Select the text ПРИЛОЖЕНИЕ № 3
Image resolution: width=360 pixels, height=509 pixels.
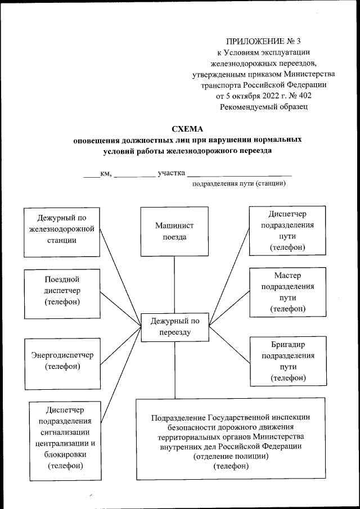point(263,42)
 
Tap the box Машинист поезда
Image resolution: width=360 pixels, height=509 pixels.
point(174,231)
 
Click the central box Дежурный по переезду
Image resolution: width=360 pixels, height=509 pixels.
point(174,327)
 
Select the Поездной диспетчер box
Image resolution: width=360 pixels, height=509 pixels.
point(62,290)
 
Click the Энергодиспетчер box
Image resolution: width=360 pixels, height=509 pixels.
point(62,361)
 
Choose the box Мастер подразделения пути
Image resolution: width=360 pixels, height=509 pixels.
point(287,292)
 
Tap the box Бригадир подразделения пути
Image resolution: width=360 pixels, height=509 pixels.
point(287,361)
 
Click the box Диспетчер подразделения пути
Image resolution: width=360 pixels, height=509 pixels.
point(287,230)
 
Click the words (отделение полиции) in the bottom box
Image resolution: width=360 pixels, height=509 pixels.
point(231,456)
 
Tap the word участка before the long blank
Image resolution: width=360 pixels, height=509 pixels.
point(172,173)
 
